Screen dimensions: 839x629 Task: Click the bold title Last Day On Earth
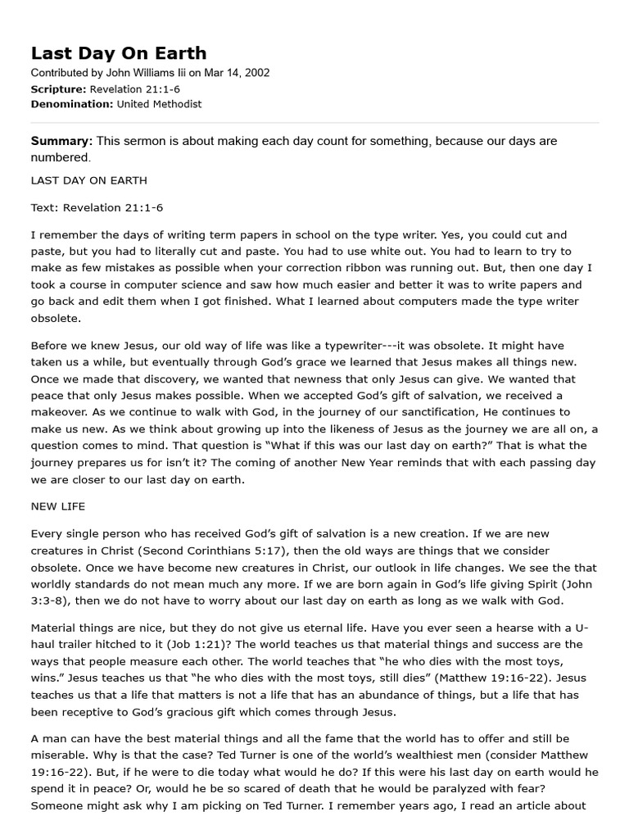[x=119, y=53]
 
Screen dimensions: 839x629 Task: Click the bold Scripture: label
[x=58, y=88]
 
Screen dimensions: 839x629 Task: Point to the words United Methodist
[x=159, y=104]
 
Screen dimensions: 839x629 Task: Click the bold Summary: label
[x=61, y=141]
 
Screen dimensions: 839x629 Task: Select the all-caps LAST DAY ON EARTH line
[x=88, y=179]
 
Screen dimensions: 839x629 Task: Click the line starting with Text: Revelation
[x=97, y=207]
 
